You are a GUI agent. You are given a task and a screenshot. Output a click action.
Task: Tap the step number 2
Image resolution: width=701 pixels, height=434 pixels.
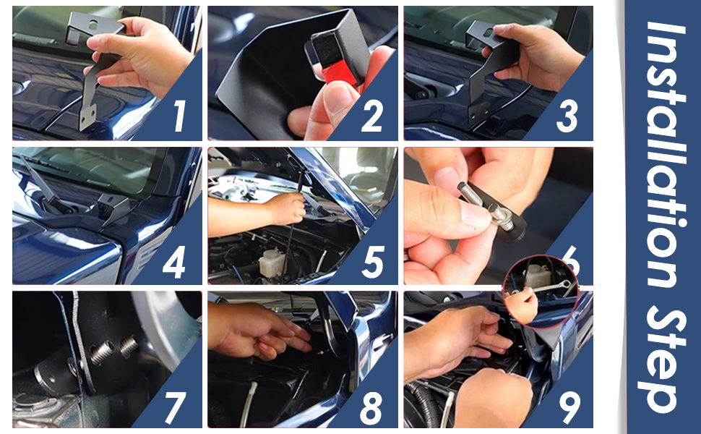pos(372,116)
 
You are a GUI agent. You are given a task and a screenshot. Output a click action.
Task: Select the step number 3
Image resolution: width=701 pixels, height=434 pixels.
pos(567,116)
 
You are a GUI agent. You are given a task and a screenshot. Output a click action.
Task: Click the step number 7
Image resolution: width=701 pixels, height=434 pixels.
pos(175,408)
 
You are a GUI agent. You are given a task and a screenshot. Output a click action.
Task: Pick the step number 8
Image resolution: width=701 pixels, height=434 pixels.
pos(371,408)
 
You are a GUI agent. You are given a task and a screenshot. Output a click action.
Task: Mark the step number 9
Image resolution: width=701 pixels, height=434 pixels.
pos(569,408)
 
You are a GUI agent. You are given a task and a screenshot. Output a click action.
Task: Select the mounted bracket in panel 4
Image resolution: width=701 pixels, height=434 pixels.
pos(114,208)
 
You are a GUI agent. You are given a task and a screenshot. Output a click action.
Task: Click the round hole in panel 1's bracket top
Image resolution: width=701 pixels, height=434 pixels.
pos(93,25)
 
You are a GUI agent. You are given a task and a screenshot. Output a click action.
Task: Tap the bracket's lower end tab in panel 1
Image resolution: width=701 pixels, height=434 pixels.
pos(87,116)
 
